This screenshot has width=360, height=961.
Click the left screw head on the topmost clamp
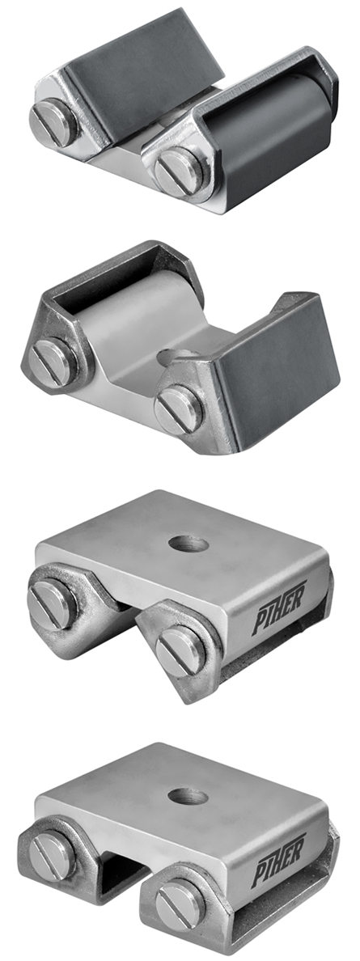(53, 121)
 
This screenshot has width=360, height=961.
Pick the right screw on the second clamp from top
(180, 409)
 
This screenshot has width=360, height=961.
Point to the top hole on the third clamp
(188, 544)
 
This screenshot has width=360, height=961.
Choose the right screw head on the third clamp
(180, 649)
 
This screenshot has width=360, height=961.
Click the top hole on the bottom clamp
(188, 796)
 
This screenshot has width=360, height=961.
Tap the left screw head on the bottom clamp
(53, 855)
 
